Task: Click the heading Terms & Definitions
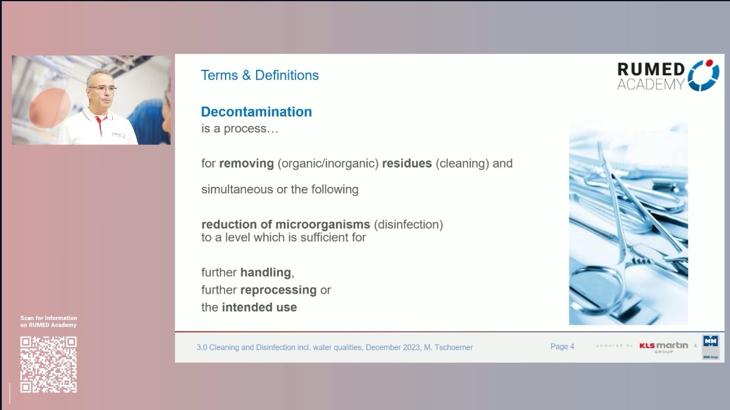click(x=260, y=75)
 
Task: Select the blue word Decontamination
click(x=256, y=112)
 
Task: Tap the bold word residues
click(x=406, y=163)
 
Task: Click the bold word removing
click(x=246, y=163)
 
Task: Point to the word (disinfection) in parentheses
click(x=408, y=225)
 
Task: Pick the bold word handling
click(x=266, y=272)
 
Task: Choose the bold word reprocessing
click(x=278, y=290)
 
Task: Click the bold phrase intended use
click(x=259, y=308)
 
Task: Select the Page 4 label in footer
click(x=562, y=347)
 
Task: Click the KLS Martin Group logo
click(x=663, y=347)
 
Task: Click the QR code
click(x=49, y=364)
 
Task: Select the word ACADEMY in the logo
click(x=650, y=85)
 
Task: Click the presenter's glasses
click(x=102, y=88)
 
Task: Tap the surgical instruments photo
click(x=628, y=223)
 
